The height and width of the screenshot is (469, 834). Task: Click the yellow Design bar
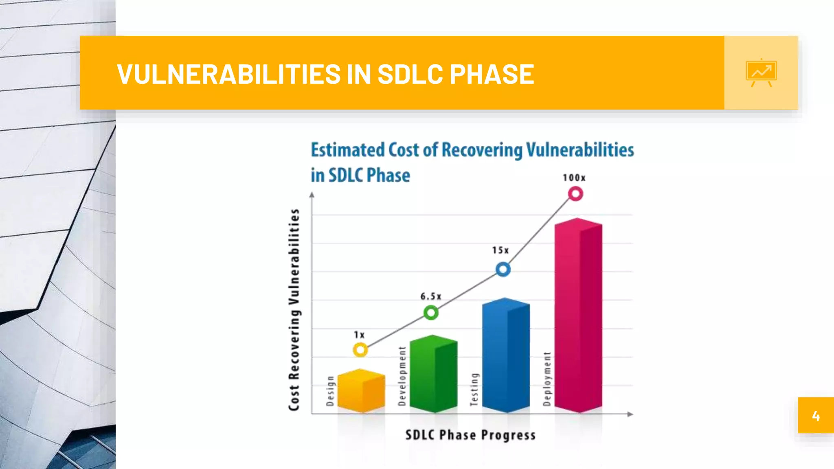[361, 391]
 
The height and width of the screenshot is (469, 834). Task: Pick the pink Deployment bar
[578, 316]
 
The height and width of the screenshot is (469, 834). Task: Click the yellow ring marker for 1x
[360, 350]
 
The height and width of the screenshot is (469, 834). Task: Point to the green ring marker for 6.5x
[431, 313]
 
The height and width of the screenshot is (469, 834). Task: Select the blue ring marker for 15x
[503, 269]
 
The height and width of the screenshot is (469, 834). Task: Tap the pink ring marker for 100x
[575, 194]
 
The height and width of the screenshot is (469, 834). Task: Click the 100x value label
[574, 178]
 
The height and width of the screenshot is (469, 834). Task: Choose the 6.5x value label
[431, 296]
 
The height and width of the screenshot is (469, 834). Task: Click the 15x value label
[500, 250]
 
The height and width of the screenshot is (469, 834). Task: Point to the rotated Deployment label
[547, 379]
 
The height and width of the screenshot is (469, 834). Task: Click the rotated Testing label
[474, 389]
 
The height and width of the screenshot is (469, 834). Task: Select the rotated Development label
[402, 376]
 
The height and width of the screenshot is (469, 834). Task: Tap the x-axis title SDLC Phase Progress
[470, 435]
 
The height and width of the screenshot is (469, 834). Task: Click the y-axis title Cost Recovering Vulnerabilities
[294, 309]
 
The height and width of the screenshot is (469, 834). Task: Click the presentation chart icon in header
[761, 72]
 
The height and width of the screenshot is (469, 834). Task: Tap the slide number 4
[815, 416]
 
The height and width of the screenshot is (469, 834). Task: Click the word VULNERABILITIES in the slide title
[228, 74]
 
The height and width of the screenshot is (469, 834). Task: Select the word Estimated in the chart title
[348, 150]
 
